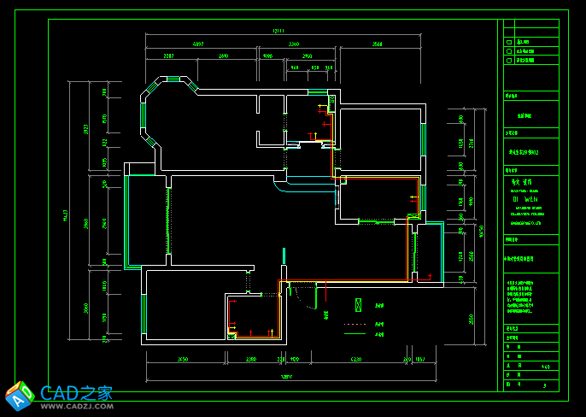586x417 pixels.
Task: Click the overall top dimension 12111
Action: [277, 31]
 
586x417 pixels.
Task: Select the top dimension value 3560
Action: [377, 43]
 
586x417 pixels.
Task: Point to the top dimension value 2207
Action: [169, 56]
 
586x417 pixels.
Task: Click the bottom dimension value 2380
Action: [251, 360]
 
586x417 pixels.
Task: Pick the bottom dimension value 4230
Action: [356, 360]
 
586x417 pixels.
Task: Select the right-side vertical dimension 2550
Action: [470, 319]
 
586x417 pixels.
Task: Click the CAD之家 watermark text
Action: [77, 393]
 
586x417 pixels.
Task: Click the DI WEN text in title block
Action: [522, 198]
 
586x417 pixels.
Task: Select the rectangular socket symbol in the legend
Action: [358, 305]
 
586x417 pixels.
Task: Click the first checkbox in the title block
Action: [508, 41]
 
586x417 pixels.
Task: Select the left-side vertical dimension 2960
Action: [86, 224]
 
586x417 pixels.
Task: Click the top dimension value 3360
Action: [293, 43]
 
